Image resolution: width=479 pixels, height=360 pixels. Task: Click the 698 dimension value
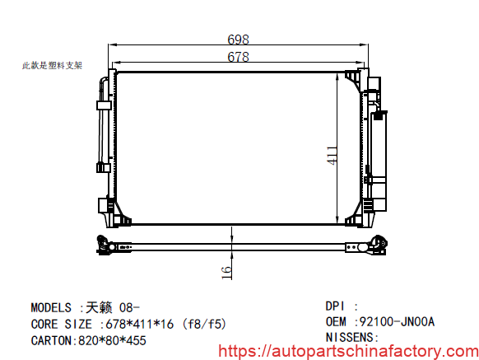tap(238, 40)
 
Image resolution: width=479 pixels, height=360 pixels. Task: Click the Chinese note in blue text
tap(51, 65)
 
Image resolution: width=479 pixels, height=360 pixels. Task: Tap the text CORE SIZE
tap(62, 324)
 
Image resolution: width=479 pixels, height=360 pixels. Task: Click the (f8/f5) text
tap(205, 324)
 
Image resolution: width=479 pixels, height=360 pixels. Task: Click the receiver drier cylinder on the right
tap(380, 157)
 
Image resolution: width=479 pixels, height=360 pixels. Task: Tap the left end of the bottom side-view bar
tap(103, 245)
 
